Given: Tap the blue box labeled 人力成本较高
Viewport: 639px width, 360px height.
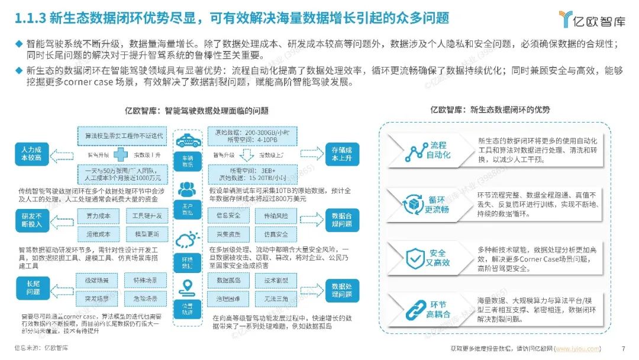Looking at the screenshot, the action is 32,154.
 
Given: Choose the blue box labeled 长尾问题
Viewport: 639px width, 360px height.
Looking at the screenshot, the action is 32,288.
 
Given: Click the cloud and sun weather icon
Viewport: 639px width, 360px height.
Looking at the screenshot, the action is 187,240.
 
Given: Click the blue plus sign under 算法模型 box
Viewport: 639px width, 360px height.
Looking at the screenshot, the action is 121,155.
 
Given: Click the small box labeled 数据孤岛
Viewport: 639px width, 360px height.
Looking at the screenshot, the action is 227,279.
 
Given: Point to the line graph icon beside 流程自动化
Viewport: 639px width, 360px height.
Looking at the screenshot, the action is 412,152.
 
